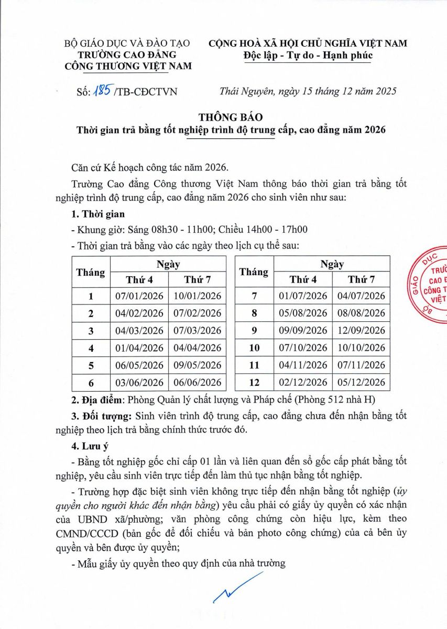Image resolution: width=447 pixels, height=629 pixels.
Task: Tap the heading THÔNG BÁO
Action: pos(230,117)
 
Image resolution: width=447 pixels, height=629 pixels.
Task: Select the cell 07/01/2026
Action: pos(139,296)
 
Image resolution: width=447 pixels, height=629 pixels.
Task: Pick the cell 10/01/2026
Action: pos(198,296)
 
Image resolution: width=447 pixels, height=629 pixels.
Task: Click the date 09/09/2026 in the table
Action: pos(303,331)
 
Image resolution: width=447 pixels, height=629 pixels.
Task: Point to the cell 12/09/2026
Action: pos(361,331)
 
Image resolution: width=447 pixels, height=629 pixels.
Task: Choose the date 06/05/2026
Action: pos(139,365)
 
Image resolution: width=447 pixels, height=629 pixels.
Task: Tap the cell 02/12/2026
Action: pos(303,383)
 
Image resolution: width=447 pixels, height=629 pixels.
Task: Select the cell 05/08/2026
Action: pos(303,313)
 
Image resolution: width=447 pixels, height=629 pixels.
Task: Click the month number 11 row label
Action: pos(254,365)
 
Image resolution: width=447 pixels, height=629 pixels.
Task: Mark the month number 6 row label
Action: pos(91,383)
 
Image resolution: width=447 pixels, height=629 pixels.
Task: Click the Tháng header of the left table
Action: pos(91,272)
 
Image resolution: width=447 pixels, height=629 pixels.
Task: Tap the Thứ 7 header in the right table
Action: pos(361,279)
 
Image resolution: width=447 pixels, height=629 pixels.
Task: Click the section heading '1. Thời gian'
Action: pos(97,214)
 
